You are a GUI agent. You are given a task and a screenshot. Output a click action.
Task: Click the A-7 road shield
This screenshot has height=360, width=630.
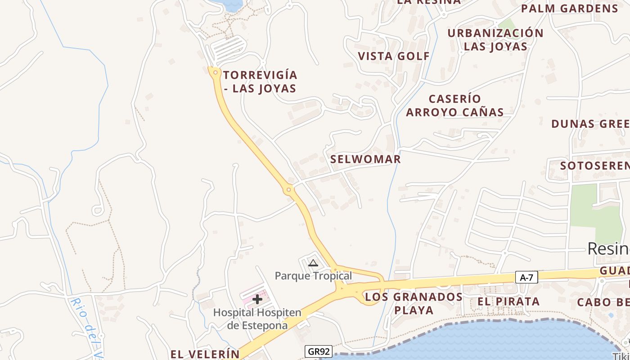click(526, 278)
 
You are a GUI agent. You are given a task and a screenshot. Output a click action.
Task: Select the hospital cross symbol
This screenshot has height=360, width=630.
click(257, 299)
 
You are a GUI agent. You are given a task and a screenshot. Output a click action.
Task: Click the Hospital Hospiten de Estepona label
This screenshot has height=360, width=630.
click(257, 319)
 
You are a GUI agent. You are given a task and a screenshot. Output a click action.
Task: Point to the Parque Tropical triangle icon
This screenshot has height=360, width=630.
click(313, 263)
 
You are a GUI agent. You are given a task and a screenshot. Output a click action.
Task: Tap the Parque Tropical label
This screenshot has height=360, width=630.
click(313, 275)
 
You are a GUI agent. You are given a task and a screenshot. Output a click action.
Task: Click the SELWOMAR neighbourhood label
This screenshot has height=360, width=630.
click(365, 159)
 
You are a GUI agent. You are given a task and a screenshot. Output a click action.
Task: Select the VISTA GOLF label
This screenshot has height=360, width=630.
click(394, 56)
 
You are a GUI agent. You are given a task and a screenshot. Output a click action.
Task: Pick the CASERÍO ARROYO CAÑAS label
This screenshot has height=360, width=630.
click(454, 105)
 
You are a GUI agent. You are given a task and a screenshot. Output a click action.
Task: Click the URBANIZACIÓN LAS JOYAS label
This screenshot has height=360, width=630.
click(495, 40)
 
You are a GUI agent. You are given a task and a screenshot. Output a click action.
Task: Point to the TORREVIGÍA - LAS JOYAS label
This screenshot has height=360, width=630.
click(260, 81)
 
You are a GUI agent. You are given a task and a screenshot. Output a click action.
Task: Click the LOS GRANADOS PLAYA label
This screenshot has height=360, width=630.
click(414, 303)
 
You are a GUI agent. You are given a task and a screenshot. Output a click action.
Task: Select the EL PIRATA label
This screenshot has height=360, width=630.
click(508, 301)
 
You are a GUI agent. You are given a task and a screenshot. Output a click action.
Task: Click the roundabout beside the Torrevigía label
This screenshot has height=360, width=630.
click(215, 72)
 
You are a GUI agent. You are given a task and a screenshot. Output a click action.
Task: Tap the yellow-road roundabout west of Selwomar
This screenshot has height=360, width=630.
click(289, 190)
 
